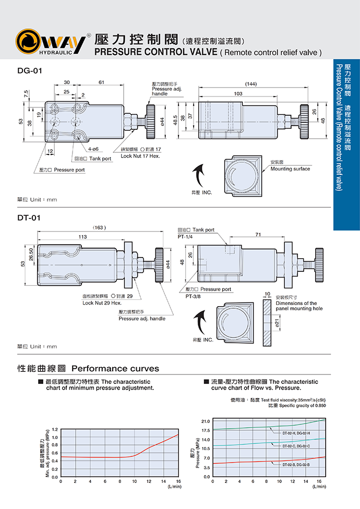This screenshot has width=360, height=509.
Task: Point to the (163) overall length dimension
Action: click(x=99, y=228)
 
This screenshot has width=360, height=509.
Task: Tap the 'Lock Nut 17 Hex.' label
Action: click(x=140, y=155)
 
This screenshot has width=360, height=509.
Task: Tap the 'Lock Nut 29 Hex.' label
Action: click(x=102, y=302)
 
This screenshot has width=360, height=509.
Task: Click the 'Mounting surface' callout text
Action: click(x=290, y=168)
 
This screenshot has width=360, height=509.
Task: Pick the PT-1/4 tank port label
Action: click(x=186, y=237)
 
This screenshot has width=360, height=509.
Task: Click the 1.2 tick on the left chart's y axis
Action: click(x=54, y=429)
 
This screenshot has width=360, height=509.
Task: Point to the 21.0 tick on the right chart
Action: click(x=205, y=421)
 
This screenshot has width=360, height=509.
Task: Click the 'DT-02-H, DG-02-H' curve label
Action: click(x=296, y=433)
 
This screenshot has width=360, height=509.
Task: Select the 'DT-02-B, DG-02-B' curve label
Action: click(x=296, y=464)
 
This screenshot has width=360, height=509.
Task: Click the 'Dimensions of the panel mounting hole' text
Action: click(x=296, y=306)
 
